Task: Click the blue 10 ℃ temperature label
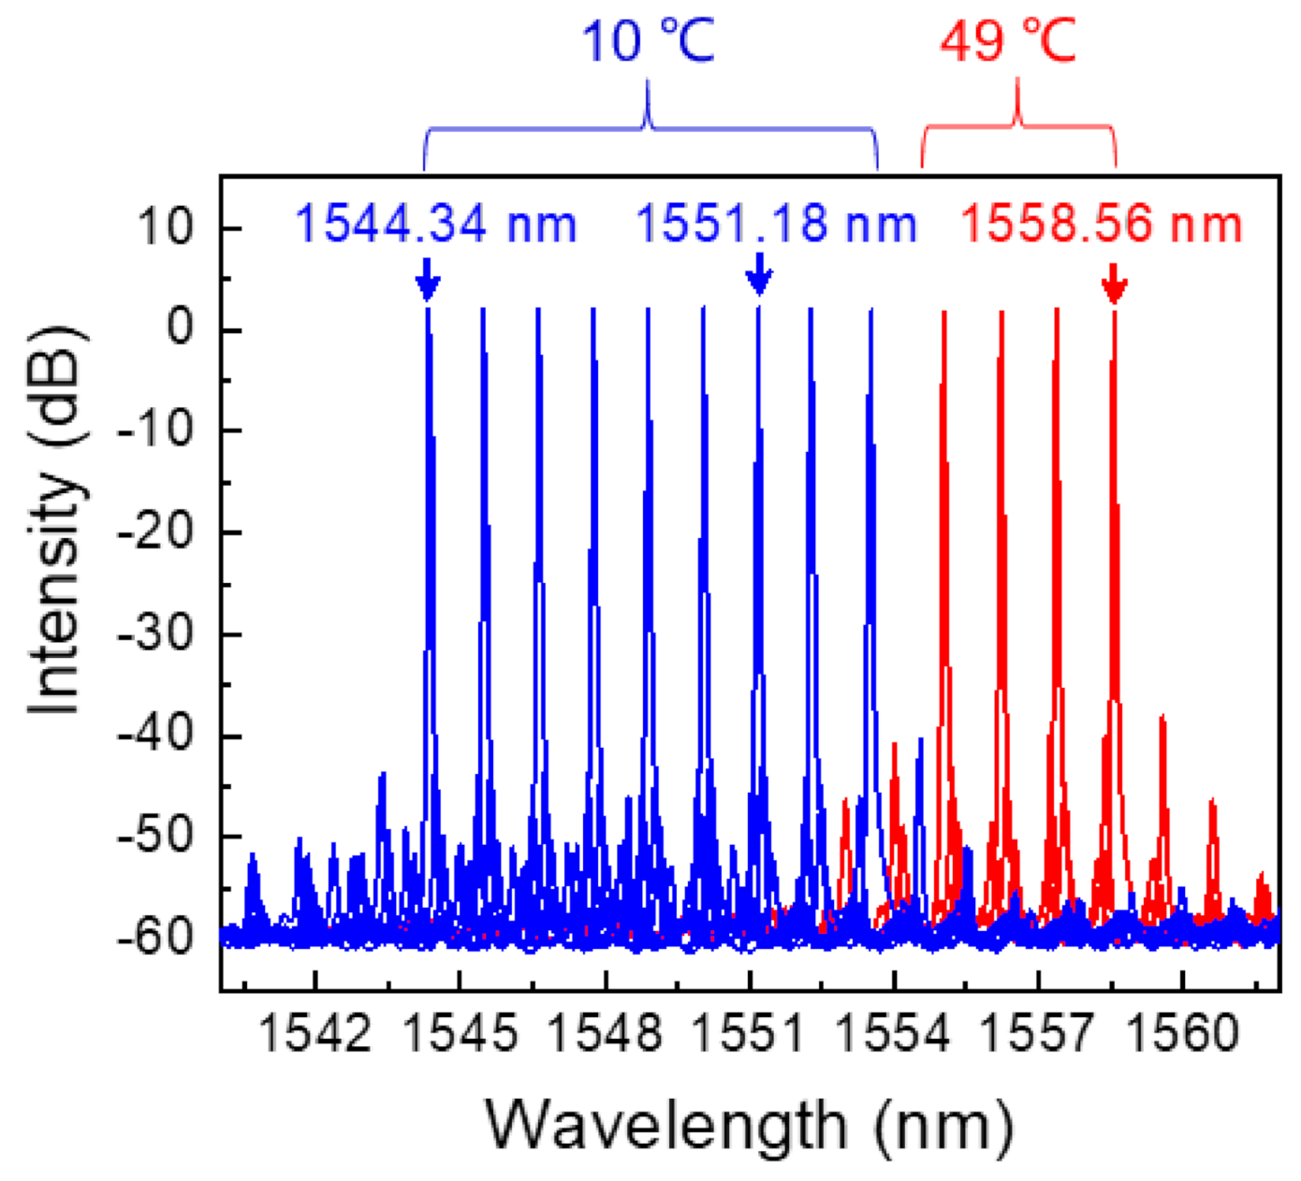(648, 41)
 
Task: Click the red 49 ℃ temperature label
(1009, 41)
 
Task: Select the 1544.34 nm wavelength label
(436, 226)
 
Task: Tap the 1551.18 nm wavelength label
(776, 226)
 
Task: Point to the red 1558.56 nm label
(1102, 226)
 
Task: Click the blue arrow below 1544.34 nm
(427, 280)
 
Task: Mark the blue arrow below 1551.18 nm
(759, 275)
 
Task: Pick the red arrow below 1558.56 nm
(1113, 284)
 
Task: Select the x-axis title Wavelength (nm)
(749, 1125)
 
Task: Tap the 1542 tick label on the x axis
(315, 1035)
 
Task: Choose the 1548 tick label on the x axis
(605, 1035)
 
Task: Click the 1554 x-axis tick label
(894, 1035)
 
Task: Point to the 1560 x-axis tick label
(1182, 1035)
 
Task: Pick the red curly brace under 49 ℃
(1018, 126)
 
